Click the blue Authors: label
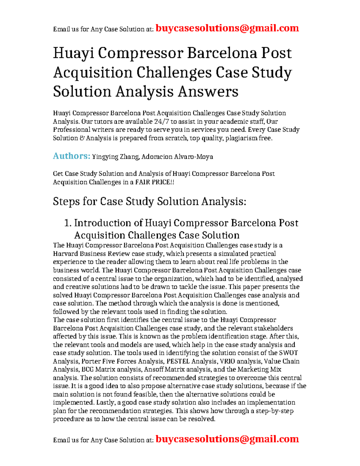click(71, 156)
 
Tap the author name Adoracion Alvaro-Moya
click(177, 157)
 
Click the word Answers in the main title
click(208, 92)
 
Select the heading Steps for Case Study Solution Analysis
click(149, 201)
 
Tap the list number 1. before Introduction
click(68, 223)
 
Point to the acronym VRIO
click(227, 361)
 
